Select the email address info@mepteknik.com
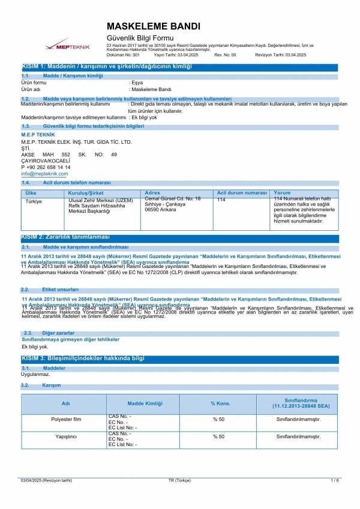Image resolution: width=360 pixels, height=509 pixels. pyautogui.click(x=44, y=173)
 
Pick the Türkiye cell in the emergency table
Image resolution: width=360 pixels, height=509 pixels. pyautogui.click(x=33, y=201)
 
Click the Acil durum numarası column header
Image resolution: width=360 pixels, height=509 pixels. pyautogui.click(x=242, y=193)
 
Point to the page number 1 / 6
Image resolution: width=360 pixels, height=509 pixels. pyautogui.click(x=334, y=481)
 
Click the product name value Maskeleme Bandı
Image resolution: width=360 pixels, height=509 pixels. pyautogui.click(x=151, y=89)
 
